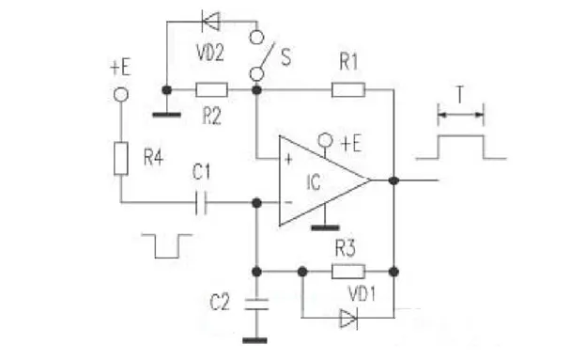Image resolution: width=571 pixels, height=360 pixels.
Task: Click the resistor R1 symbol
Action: coord(347,90)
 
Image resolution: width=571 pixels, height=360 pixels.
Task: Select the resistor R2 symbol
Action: coord(211,90)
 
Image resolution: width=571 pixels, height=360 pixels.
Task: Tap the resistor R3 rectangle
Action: coord(347,272)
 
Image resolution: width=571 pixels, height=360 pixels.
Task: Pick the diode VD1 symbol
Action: coord(348,319)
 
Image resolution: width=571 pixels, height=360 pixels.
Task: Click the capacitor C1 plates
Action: coord(201,202)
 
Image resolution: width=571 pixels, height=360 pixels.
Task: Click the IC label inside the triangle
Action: coord(314,180)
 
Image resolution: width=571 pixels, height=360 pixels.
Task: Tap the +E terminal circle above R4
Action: coord(120,95)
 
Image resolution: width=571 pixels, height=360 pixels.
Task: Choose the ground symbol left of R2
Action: coord(166,114)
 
